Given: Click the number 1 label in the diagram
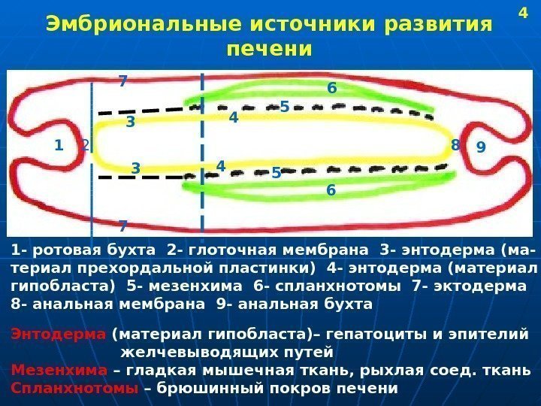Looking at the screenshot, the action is [x=58, y=146].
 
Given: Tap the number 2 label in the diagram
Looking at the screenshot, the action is [x=85, y=145].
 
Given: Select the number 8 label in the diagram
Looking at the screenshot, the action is [x=455, y=144].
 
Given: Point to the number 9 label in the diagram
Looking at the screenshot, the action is [x=481, y=148].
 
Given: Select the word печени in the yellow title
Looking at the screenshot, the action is [x=268, y=50].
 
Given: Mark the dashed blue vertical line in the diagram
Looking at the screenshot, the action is [x=203, y=150].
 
